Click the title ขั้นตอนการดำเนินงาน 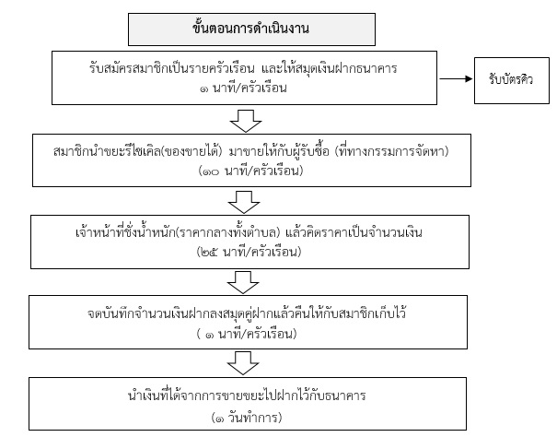click(x=250, y=29)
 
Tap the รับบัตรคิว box click(x=512, y=80)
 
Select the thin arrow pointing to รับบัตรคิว click(x=456, y=78)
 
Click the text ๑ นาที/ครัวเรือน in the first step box click(x=243, y=88)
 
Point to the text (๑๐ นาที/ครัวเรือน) click(x=250, y=171)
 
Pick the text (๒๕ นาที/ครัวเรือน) click(x=249, y=252)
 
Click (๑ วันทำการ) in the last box click(x=247, y=417)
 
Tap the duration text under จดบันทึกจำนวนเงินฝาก click(x=247, y=334)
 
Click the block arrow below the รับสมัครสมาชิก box click(x=246, y=121)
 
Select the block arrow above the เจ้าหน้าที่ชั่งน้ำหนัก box click(x=244, y=202)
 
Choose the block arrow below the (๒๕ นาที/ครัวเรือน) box click(x=243, y=282)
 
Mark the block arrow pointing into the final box click(x=243, y=363)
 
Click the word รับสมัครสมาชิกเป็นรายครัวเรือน click(x=172, y=68)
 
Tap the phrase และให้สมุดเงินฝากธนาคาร click(x=330, y=68)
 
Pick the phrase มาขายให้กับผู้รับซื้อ click(x=279, y=151)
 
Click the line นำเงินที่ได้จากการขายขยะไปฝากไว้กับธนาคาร click(x=247, y=396)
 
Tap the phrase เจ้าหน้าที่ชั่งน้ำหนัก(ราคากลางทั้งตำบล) click(x=179, y=232)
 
